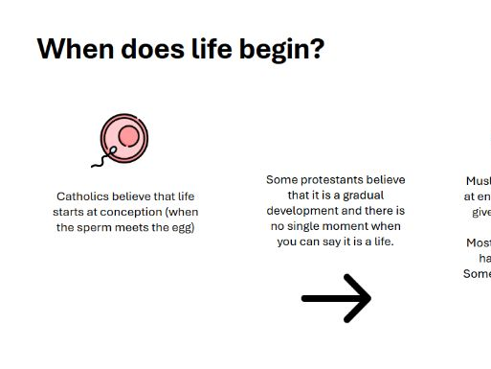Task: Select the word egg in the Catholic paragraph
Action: pos(182,227)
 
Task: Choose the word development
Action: pos(305,211)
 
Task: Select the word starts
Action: pos(74,212)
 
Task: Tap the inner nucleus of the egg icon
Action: pos(129,137)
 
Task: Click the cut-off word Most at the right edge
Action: pos(479,242)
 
